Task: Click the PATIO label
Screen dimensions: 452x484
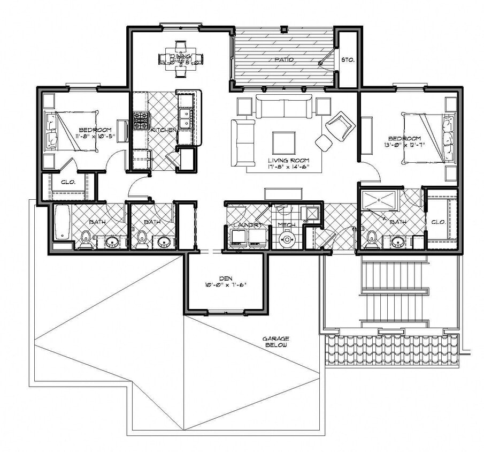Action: point(283,60)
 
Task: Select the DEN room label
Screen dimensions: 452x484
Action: point(225,277)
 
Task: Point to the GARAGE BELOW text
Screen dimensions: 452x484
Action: point(275,342)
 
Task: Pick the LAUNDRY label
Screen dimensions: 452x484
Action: point(245,225)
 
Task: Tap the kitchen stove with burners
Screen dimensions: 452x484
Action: point(141,120)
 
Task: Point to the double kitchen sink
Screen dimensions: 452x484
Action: point(186,119)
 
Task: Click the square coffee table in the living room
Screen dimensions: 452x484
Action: point(283,142)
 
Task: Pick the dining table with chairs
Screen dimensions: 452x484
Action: point(181,57)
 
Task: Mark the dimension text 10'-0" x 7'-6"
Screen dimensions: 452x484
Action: point(225,285)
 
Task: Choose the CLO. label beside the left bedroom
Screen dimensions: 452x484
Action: point(68,182)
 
